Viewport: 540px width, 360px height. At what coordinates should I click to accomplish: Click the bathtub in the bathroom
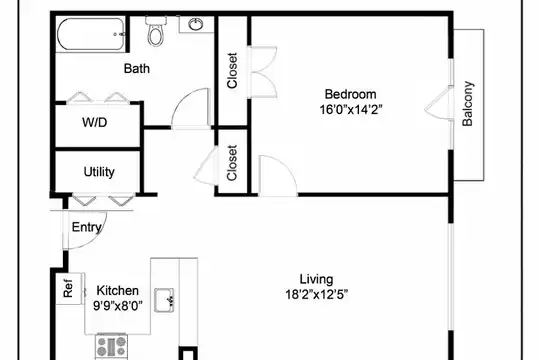point(91,35)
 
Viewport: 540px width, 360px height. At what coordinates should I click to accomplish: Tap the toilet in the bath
point(156,31)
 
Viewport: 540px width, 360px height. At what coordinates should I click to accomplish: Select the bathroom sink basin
point(196,24)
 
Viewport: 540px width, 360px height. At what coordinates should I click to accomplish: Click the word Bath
point(137,68)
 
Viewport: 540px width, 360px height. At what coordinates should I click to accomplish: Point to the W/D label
point(95,122)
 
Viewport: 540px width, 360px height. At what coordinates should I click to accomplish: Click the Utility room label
point(99,172)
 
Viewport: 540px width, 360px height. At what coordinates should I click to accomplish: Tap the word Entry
point(87,227)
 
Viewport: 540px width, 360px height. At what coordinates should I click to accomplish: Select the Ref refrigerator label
point(68,288)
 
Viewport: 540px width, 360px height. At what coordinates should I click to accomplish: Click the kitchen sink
point(164,300)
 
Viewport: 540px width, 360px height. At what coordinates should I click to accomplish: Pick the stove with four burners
point(111,347)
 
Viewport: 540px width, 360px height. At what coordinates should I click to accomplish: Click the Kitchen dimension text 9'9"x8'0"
point(118,306)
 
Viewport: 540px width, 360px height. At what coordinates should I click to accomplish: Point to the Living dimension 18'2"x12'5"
point(316,295)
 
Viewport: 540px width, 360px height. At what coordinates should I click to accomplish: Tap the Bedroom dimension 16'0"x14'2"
point(351,110)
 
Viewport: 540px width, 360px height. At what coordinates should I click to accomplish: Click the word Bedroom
point(351,94)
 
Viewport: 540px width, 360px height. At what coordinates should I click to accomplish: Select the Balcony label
point(468,104)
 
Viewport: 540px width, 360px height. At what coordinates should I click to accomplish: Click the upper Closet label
point(232,71)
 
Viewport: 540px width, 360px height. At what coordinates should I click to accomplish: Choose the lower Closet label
point(232,163)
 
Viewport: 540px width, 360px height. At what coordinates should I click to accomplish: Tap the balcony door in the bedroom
point(438,103)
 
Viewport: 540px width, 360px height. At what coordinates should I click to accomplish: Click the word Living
point(316,279)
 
